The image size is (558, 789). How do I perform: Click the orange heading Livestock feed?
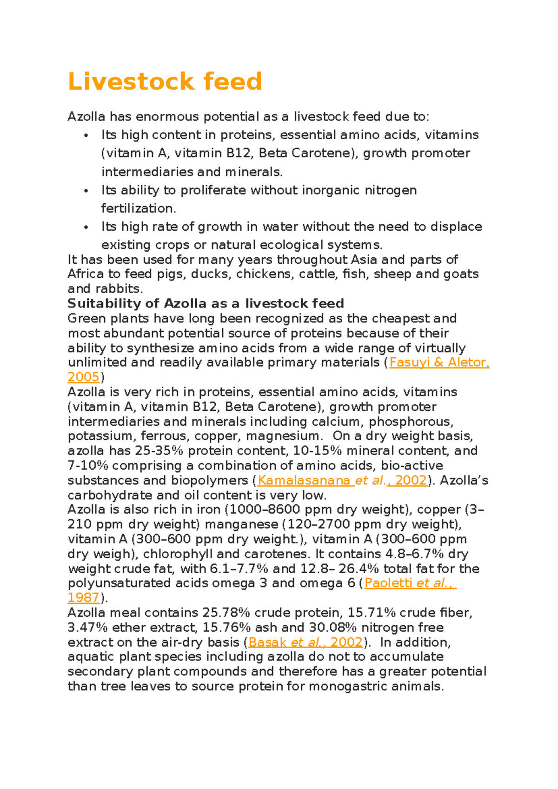(x=165, y=81)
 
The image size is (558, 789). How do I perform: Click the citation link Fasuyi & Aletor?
(x=439, y=362)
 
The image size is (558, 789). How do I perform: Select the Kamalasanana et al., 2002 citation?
(x=342, y=480)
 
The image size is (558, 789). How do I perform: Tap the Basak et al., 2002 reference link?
(x=305, y=642)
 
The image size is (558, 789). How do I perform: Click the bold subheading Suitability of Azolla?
(x=206, y=303)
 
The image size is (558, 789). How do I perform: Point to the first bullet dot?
(x=86, y=136)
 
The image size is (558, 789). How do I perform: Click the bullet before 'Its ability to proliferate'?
(x=86, y=191)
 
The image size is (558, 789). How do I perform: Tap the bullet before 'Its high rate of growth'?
(x=86, y=227)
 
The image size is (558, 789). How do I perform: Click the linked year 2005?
(x=84, y=377)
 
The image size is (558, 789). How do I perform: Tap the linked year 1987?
(x=84, y=598)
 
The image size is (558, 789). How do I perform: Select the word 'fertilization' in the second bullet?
(x=138, y=208)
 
